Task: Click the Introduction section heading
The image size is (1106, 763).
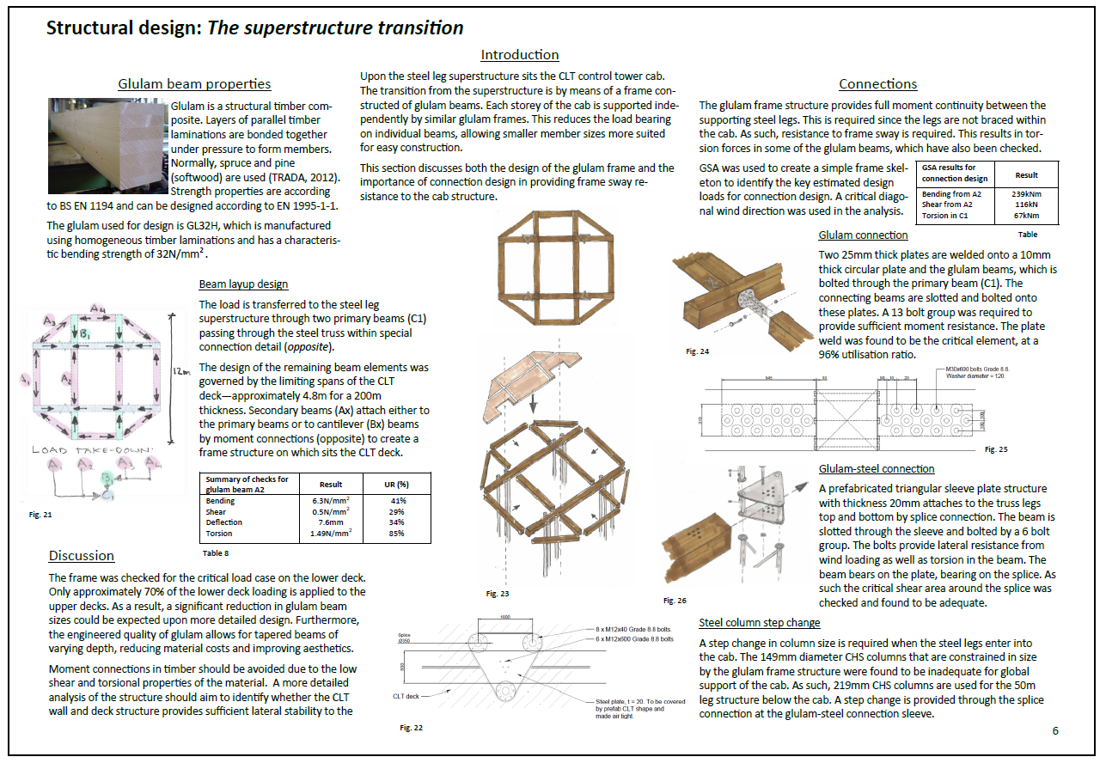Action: [x=519, y=55]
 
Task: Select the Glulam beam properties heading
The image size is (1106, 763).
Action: [x=194, y=83]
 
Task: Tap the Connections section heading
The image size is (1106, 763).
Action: [x=877, y=83]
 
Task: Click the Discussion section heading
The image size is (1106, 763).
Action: [x=81, y=555]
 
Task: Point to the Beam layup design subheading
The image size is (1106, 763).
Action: [x=243, y=284]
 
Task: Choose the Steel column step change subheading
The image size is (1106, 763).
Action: [x=759, y=622]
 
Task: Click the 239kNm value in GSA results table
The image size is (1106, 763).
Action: [x=1026, y=194]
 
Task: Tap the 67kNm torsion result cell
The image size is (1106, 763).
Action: [x=1026, y=215]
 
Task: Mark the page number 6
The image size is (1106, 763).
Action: [x=1055, y=730]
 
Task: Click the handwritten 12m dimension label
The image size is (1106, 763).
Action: [x=180, y=370]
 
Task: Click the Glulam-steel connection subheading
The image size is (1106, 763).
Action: [x=877, y=468]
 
